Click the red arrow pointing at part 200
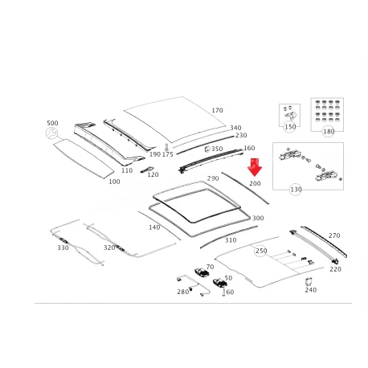254,167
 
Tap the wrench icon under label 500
51,133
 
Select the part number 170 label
217,110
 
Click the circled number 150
290,127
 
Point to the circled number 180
329,131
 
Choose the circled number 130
296,190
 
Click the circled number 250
260,251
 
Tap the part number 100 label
114,182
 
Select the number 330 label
63,247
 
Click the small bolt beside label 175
166,146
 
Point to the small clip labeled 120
147,170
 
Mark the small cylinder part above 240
309,282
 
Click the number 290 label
213,178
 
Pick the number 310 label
231,240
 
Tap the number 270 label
334,235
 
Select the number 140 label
154,227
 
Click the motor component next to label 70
202,272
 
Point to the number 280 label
183,292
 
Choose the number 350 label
217,149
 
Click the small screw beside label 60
223,292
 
